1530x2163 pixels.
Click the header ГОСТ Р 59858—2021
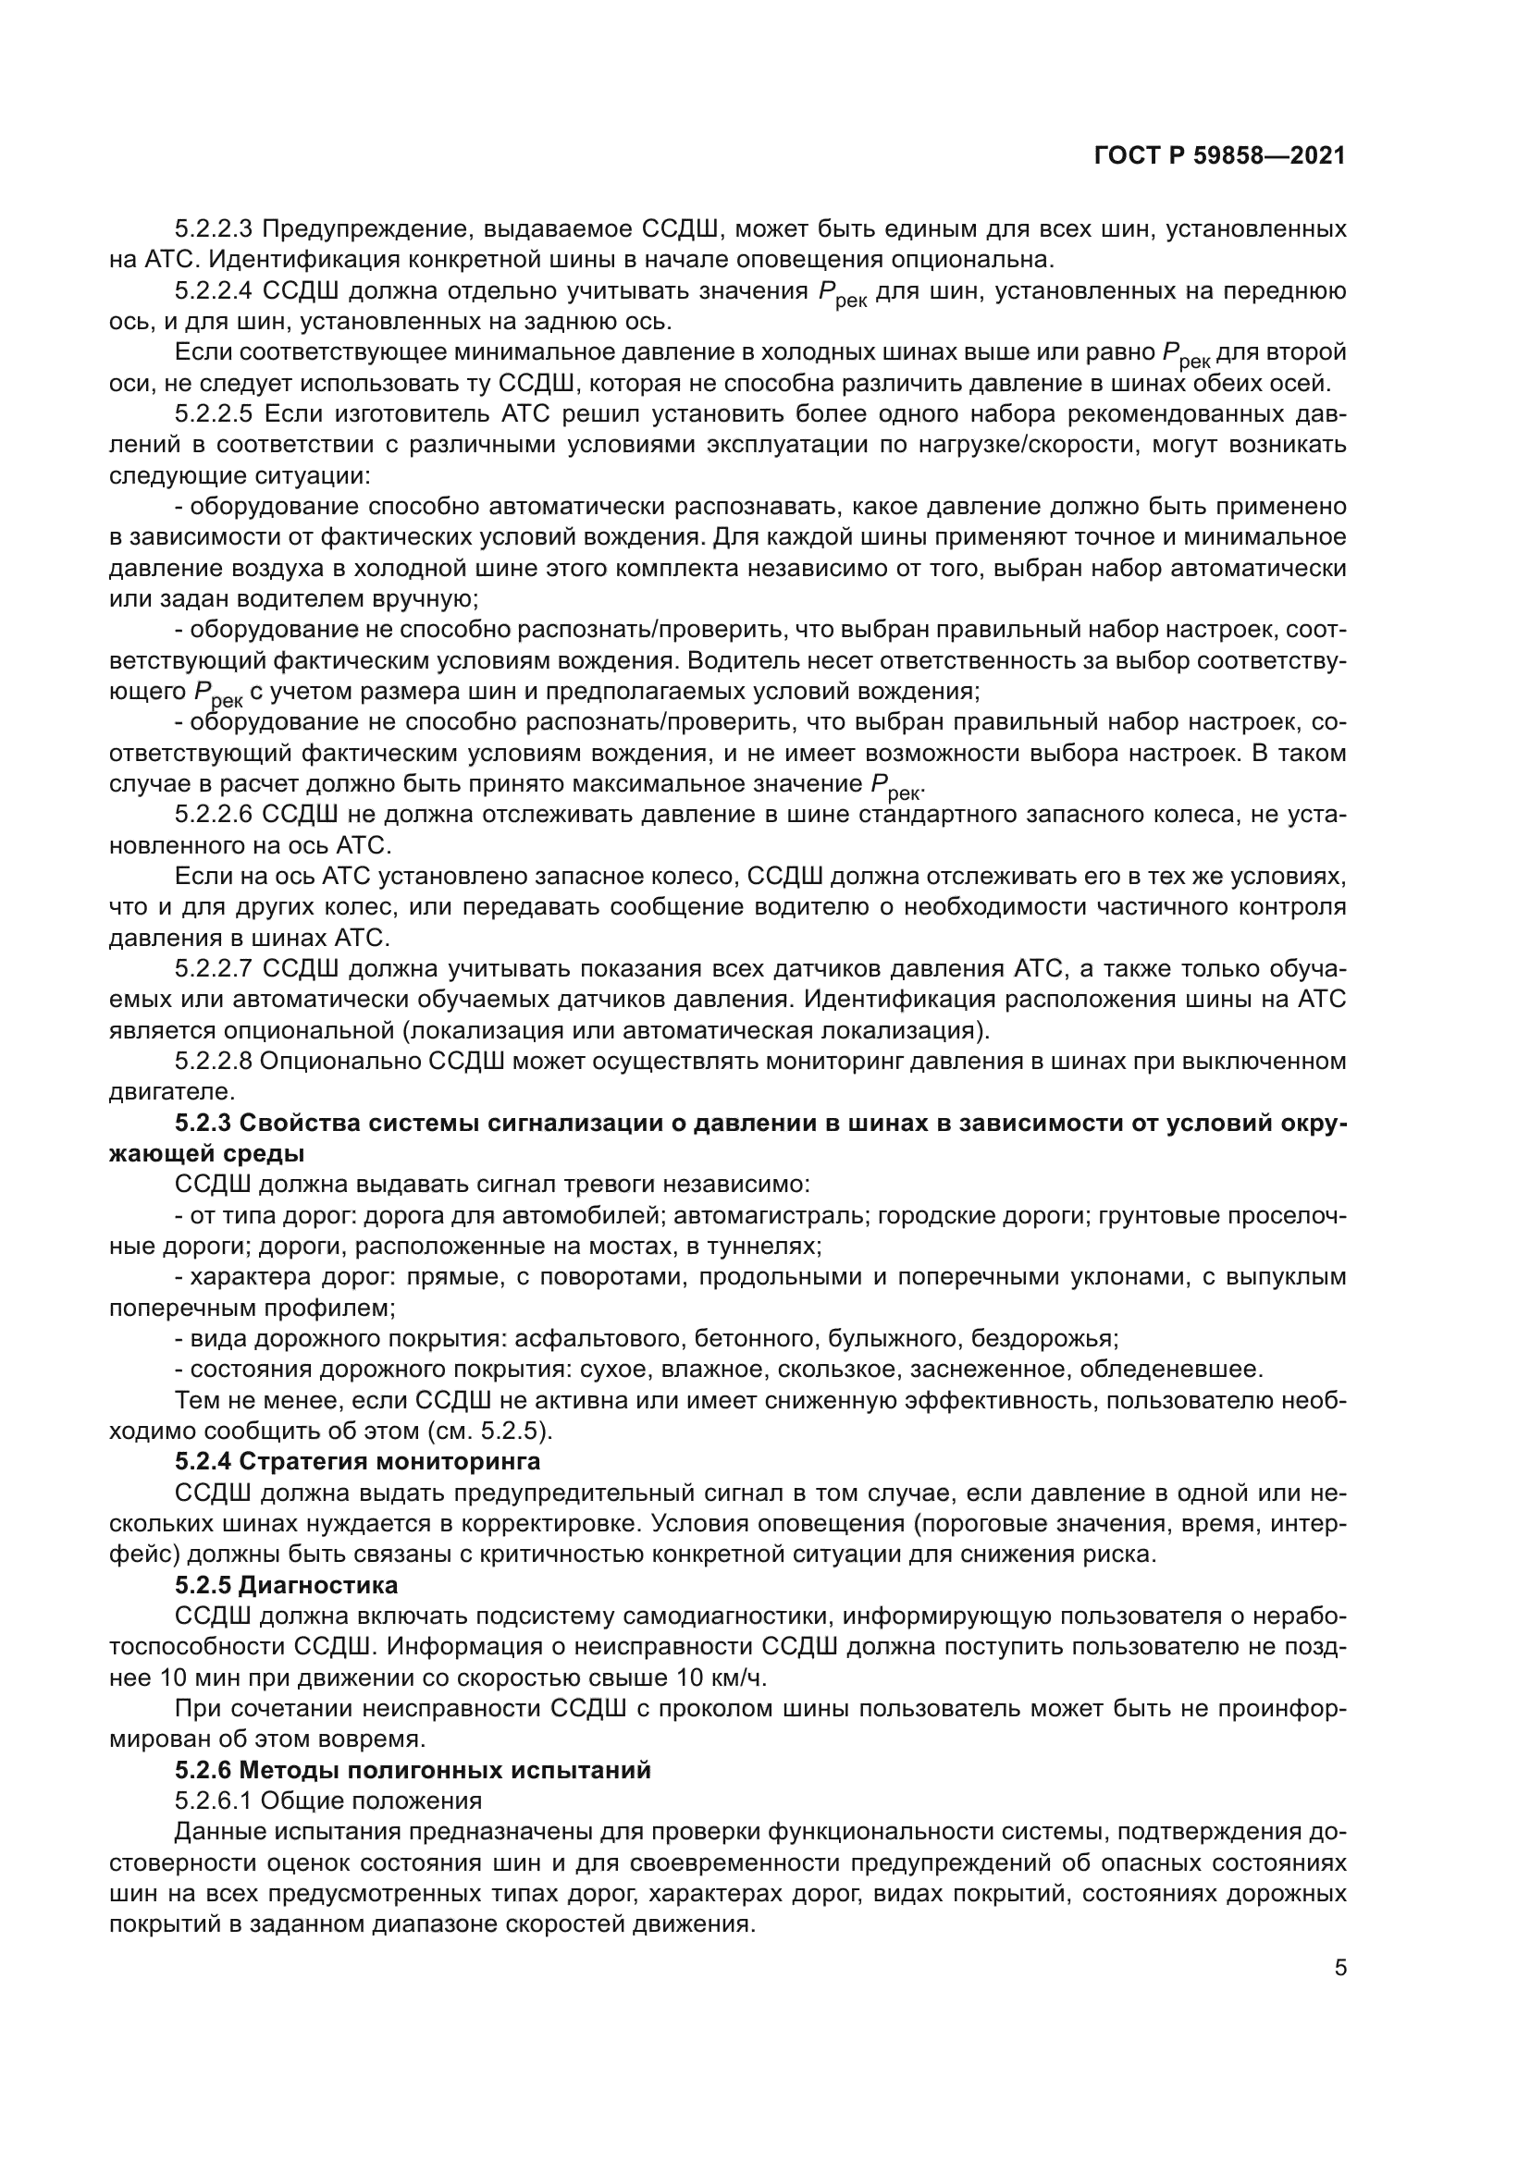point(1219,155)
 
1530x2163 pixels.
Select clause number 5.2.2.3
point(213,229)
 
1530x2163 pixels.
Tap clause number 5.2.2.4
point(213,291)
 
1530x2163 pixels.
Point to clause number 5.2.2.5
point(213,414)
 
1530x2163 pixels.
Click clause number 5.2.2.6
point(213,815)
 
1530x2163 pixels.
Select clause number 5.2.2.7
point(213,969)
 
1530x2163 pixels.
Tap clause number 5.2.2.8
point(213,1062)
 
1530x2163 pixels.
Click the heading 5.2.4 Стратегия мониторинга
point(358,1462)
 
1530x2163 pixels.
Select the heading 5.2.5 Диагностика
point(287,1586)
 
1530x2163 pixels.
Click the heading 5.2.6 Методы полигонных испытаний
point(413,1770)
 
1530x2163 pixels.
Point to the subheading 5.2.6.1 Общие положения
point(327,1801)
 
